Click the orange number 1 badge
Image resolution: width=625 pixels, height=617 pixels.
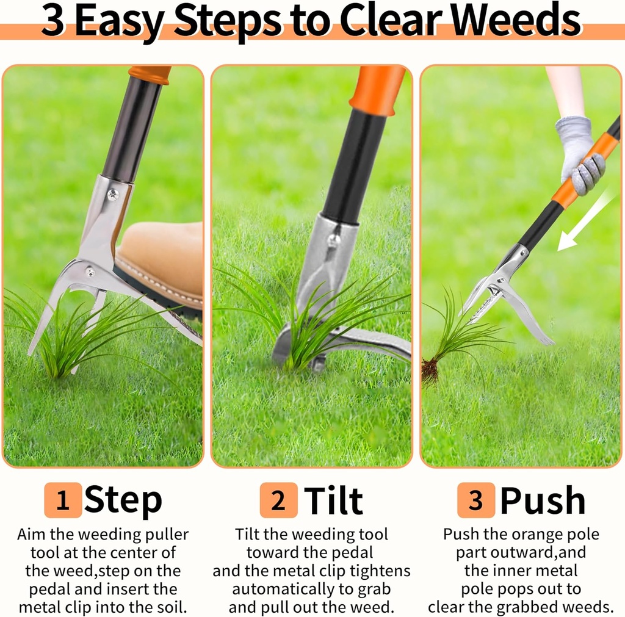coord(62,500)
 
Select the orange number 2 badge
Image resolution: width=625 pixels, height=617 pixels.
coord(278,500)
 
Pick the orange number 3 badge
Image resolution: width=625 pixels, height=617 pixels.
coord(475,500)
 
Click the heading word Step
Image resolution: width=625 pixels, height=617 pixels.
coord(123,500)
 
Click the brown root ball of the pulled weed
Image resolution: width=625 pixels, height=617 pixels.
coord(430,371)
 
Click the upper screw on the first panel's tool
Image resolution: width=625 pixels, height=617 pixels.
coord(113,194)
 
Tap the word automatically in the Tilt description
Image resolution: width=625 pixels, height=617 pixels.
coord(281,590)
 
